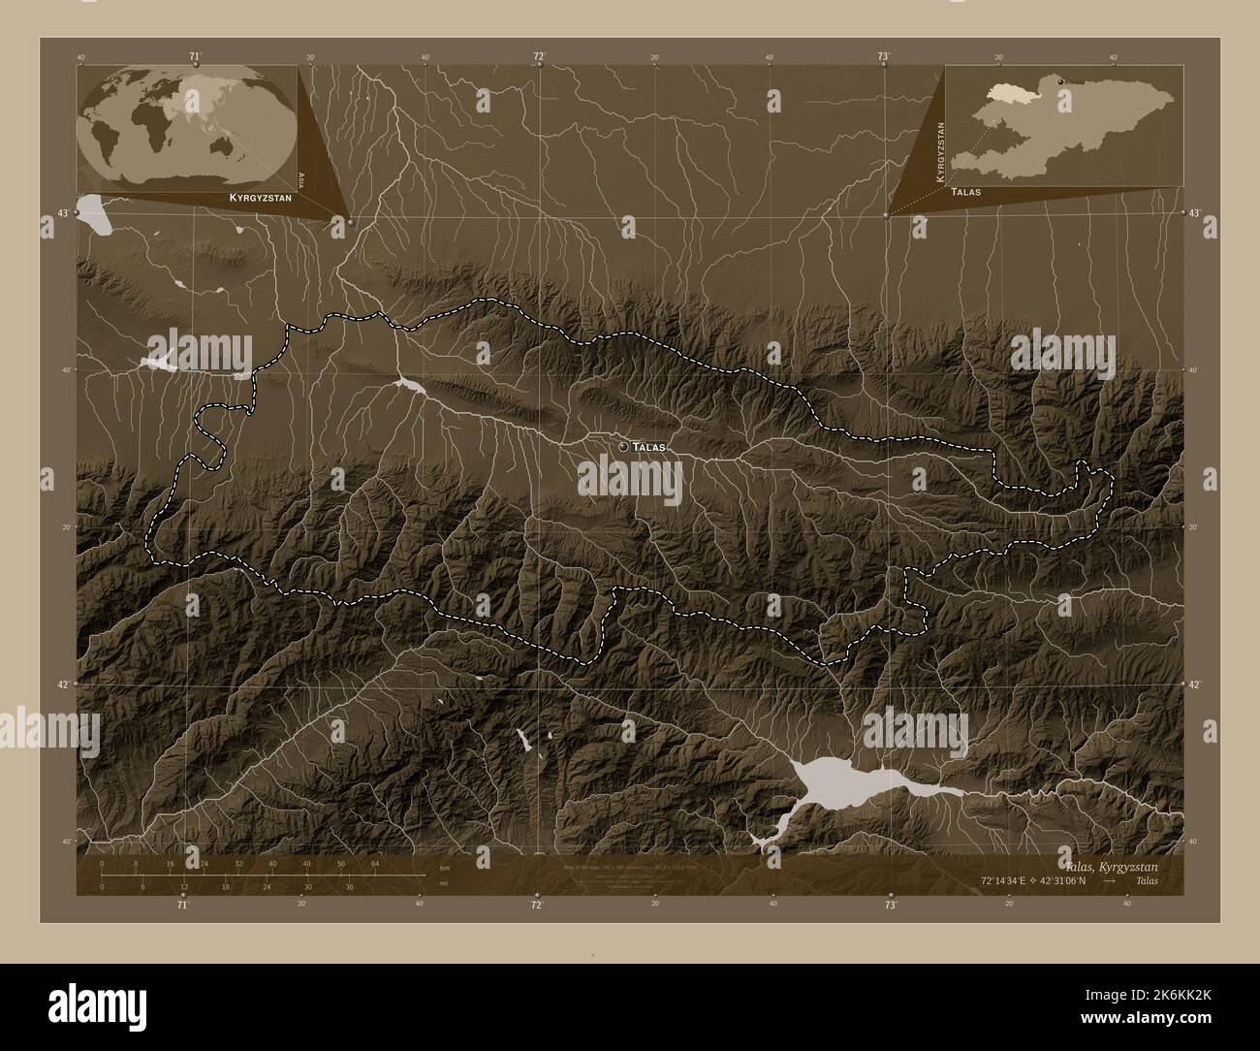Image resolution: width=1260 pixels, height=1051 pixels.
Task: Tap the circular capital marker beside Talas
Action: coord(622,446)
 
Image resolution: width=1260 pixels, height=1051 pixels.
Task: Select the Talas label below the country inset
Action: coord(966,192)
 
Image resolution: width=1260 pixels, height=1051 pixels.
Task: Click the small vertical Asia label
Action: coord(302,178)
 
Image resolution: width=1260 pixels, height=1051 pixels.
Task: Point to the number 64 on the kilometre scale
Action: coord(375,863)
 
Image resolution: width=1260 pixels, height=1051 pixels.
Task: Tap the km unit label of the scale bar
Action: coord(444,867)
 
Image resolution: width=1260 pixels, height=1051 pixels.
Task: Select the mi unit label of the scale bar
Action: coord(443,884)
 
